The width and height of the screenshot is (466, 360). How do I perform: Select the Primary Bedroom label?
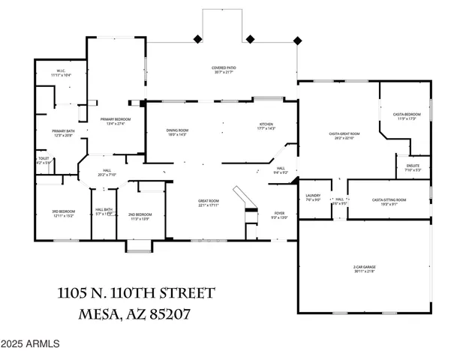coord(112,121)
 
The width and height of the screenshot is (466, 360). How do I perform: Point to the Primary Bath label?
coord(62,133)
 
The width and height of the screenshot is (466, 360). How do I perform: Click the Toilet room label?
coord(44,160)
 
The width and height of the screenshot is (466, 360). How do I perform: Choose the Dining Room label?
coord(177,133)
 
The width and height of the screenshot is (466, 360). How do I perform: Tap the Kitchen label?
coord(266,126)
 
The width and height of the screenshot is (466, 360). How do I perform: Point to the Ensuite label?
coord(413,167)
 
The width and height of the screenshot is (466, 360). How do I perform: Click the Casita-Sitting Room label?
coord(389,201)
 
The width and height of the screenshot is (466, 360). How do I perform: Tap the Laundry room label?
coord(313,197)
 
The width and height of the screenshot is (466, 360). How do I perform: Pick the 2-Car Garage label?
coord(365,268)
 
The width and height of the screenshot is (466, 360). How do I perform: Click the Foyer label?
coord(279,215)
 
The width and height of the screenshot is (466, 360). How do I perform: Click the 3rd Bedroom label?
coord(62,214)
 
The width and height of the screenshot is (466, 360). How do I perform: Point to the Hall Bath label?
coord(104,211)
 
